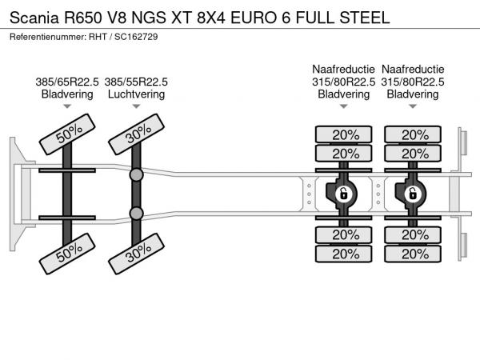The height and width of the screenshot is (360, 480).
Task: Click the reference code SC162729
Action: [x=136, y=38]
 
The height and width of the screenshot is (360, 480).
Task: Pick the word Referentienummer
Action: [x=46, y=38]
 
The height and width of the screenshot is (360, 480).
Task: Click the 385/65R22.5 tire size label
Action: [x=67, y=82]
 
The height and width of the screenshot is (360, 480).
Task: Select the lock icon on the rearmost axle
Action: [x=414, y=193]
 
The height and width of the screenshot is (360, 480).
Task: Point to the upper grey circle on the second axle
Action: [x=137, y=174]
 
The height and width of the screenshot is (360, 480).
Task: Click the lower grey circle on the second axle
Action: [x=137, y=213]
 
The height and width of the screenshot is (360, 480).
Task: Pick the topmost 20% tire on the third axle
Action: [x=344, y=134]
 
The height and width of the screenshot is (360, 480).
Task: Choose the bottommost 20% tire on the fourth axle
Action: [x=414, y=254]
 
